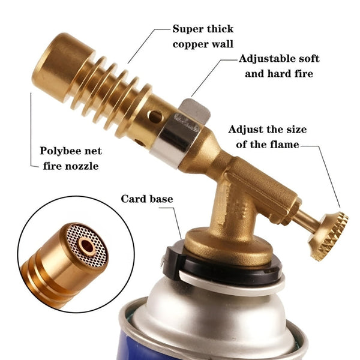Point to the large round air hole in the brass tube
tap(155, 116)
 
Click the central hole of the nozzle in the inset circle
tap(87, 246)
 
